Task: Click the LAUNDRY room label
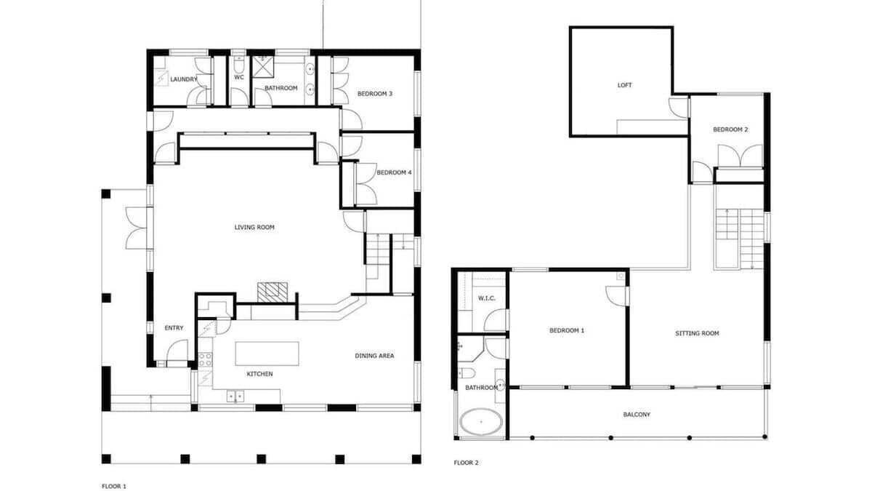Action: pyautogui.click(x=184, y=79)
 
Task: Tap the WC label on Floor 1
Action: pyautogui.click(x=239, y=77)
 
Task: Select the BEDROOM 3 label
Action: pyautogui.click(x=375, y=94)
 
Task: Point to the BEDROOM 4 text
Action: pyautogui.click(x=394, y=172)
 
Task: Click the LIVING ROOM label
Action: pyautogui.click(x=254, y=227)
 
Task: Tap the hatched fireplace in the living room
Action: pyautogui.click(x=272, y=292)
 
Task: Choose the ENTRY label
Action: pyautogui.click(x=174, y=328)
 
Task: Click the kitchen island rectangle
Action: pyautogui.click(x=267, y=354)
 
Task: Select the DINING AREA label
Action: pyautogui.click(x=374, y=356)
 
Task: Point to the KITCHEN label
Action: pyautogui.click(x=259, y=374)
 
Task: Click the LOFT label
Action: pyautogui.click(x=624, y=85)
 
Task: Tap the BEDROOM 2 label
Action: pyautogui.click(x=730, y=129)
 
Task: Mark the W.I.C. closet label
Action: pyautogui.click(x=487, y=298)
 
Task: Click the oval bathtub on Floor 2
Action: pyautogui.click(x=481, y=422)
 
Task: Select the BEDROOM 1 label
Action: pyautogui.click(x=567, y=330)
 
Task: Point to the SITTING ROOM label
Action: pyautogui.click(x=697, y=333)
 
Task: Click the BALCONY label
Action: pyautogui.click(x=637, y=415)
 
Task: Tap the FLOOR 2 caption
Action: pyautogui.click(x=466, y=463)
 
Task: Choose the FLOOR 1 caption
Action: pyautogui.click(x=114, y=486)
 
